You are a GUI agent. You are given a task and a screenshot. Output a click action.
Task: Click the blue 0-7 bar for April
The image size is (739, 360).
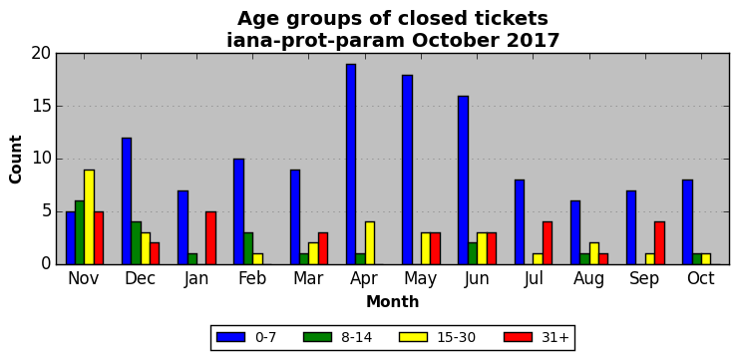(351, 164)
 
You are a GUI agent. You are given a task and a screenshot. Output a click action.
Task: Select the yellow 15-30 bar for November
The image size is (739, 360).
(89, 216)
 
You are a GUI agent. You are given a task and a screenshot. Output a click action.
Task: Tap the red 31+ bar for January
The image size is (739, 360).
(210, 238)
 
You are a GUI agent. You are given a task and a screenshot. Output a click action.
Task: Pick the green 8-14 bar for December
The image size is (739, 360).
(136, 243)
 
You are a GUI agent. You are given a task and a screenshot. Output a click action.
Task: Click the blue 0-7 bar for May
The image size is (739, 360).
(407, 170)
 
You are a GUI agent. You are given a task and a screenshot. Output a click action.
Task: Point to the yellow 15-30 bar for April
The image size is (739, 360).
(369, 243)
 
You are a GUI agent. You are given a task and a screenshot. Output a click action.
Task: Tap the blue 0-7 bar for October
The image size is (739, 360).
(687, 222)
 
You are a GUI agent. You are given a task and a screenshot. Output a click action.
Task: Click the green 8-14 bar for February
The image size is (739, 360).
(248, 248)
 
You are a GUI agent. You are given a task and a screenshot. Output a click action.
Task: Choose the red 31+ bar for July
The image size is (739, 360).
(548, 243)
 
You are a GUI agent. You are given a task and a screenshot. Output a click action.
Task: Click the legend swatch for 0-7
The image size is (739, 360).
(231, 337)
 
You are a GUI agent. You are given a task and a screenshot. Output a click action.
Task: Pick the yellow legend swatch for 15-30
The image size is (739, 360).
(413, 337)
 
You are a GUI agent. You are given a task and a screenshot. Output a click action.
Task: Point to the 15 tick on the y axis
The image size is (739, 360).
(57, 107)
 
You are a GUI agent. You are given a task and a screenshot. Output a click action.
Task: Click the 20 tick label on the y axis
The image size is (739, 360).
(41, 54)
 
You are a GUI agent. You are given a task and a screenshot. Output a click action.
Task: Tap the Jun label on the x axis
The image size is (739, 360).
(477, 279)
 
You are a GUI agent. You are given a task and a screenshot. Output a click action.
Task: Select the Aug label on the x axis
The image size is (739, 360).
(588, 279)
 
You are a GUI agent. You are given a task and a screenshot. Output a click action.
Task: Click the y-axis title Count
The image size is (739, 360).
(16, 160)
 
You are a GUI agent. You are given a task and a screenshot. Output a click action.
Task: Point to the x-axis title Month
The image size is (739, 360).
(393, 301)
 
